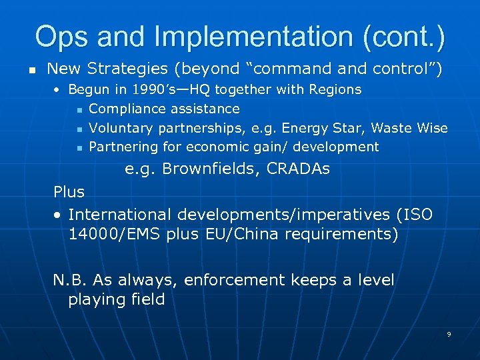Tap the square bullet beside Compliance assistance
[79, 109]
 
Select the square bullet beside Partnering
[79, 148]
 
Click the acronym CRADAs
[298, 169]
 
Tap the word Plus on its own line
[69, 192]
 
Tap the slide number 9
[449, 334]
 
